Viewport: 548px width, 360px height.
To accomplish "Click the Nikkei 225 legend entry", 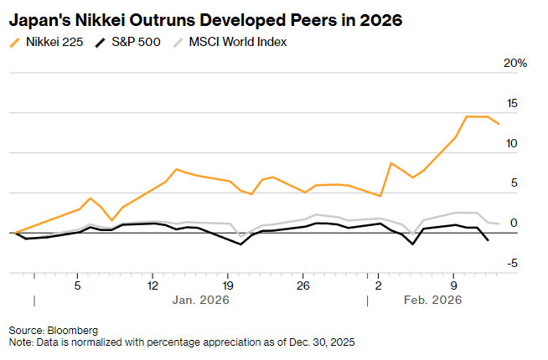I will click(55, 42).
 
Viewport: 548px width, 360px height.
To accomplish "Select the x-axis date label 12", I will click(153, 285).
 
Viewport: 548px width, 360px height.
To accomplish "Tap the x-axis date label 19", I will click(228, 285).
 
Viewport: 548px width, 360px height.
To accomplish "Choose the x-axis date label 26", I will click(303, 285).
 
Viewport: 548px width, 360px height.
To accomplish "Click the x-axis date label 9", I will click(454, 285).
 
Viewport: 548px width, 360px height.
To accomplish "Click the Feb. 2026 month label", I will click(432, 300).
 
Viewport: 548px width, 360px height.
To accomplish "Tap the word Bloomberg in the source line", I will click(73, 331).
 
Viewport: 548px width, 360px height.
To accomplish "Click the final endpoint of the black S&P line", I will click(489, 240).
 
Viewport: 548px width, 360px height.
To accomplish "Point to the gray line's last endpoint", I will click(499, 224).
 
